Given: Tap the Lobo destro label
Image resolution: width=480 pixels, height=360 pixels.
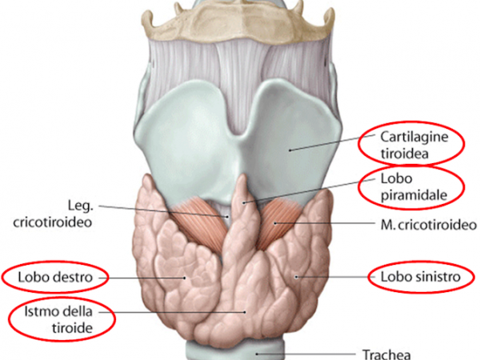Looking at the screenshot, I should [x=54, y=278].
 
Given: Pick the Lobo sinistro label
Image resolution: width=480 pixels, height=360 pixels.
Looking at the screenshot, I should [x=415, y=278].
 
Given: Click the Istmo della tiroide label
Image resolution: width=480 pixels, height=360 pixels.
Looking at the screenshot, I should [x=62, y=320].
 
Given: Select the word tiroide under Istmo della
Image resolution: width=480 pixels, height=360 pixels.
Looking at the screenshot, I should [x=62, y=328].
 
